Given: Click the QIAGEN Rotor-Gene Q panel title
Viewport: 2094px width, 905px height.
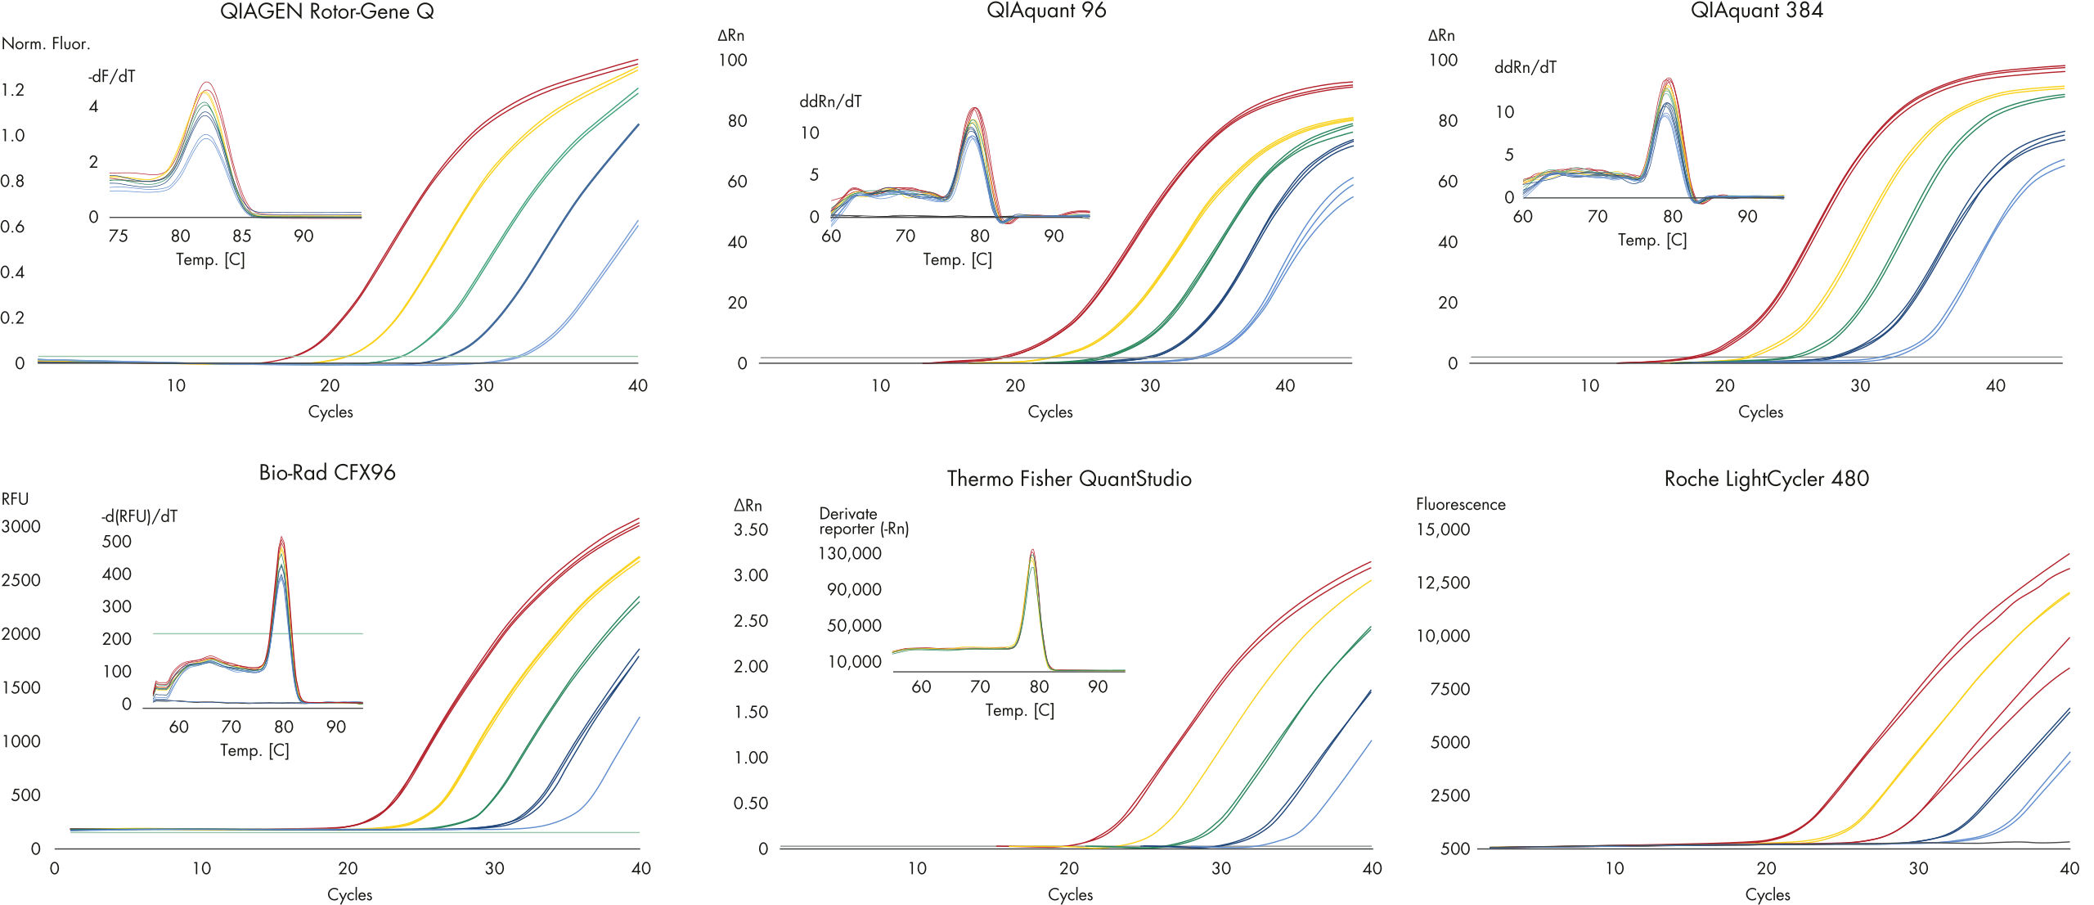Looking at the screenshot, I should tap(327, 11).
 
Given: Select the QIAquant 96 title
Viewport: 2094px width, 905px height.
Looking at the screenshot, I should tap(1046, 11).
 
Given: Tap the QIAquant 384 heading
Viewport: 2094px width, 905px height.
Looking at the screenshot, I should tap(1756, 11).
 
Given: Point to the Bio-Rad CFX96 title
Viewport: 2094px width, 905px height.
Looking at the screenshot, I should tap(327, 472).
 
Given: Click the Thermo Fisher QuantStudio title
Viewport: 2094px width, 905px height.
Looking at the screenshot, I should tap(1069, 479).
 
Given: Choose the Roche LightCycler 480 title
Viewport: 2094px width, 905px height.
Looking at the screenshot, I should tap(1766, 479).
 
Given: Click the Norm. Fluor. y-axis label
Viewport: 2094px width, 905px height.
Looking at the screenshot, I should tap(46, 43).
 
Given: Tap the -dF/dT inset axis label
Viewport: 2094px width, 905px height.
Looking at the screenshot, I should tap(112, 76).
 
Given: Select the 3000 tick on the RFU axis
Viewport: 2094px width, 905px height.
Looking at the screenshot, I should tap(21, 526).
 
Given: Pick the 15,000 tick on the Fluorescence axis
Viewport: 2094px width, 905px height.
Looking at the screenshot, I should tap(1443, 529).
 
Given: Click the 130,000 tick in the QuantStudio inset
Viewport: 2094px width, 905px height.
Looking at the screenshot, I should tap(850, 553).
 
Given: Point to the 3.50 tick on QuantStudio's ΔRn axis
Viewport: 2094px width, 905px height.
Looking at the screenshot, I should tap(751, 529).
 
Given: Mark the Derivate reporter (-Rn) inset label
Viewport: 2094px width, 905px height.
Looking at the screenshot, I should tap(864, 521).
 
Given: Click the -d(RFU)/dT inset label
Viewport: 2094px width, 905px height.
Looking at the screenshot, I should tap(139, 516).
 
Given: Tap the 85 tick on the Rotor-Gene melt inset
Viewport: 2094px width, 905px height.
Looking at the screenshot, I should tap(241, 236).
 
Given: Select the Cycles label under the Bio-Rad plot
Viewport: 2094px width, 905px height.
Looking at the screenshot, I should tap(349, 894).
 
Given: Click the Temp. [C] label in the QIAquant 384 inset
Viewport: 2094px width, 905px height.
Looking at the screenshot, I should tap(1652, 240).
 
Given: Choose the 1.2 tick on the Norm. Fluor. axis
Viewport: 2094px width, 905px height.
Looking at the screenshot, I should tap(13, 89).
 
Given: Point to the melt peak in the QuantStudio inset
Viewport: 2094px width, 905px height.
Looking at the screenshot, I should tap(1033, 552).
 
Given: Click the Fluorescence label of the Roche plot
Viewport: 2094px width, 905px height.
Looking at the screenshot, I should tap(1460, 504).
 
